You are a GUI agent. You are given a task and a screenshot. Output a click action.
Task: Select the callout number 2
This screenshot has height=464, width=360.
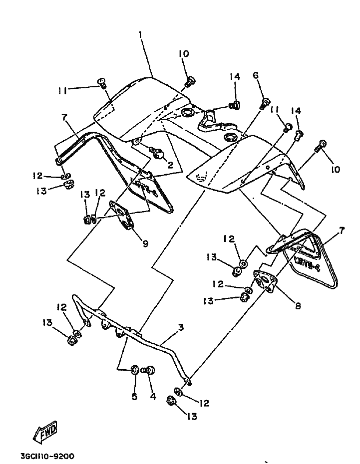click(170, 164)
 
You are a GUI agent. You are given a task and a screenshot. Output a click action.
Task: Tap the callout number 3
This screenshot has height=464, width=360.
click(181, 327)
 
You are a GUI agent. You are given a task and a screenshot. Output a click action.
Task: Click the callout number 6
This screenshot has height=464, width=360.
click(256, 75)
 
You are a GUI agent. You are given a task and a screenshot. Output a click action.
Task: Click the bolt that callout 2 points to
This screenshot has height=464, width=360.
click(157, 153)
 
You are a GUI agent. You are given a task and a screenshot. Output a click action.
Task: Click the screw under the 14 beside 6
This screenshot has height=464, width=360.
click(234, 104)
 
